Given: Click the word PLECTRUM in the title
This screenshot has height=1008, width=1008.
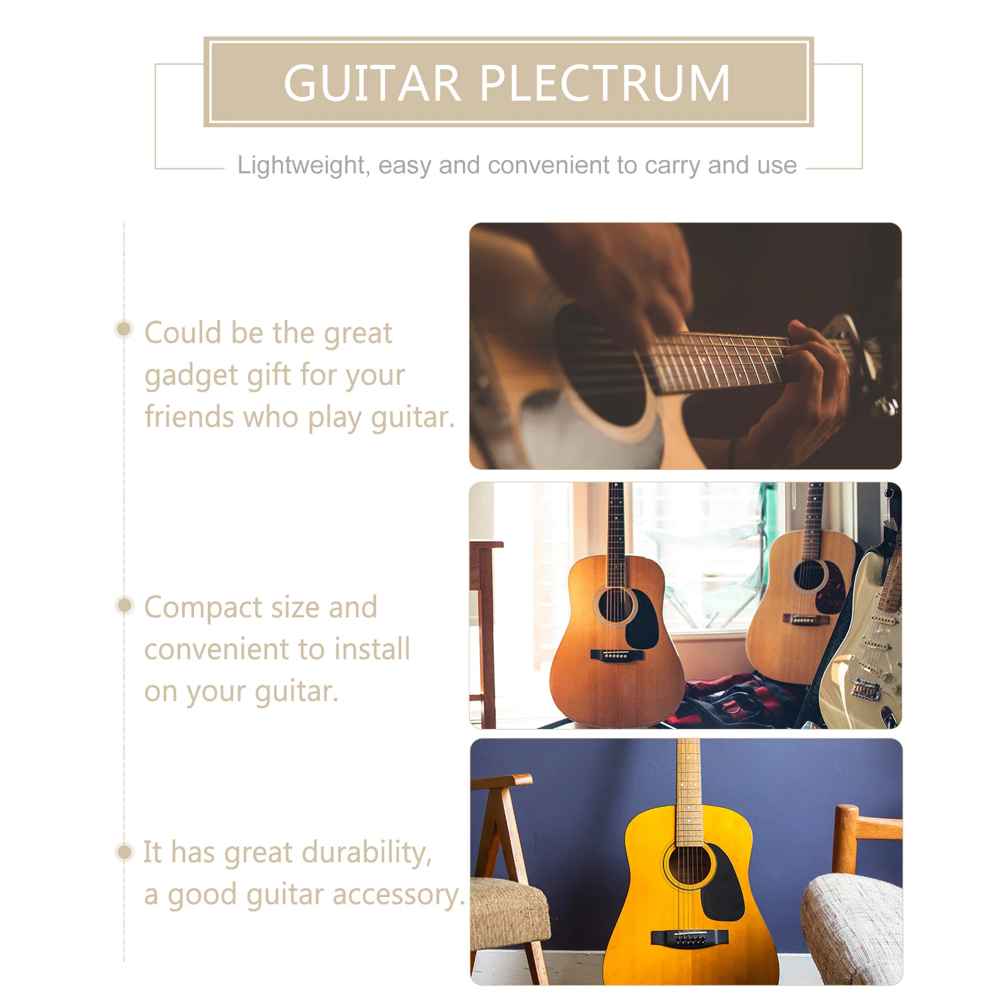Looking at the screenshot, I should [x=605, y=83].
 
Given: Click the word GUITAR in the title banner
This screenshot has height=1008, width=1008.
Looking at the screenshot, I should [x=372, y=83].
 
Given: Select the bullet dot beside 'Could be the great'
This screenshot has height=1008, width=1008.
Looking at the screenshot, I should [x=124, y=329].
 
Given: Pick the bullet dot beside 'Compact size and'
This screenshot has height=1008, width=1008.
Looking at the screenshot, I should [x=125, y=605].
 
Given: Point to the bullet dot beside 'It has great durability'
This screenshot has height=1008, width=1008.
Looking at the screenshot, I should [x=125, y=852].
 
